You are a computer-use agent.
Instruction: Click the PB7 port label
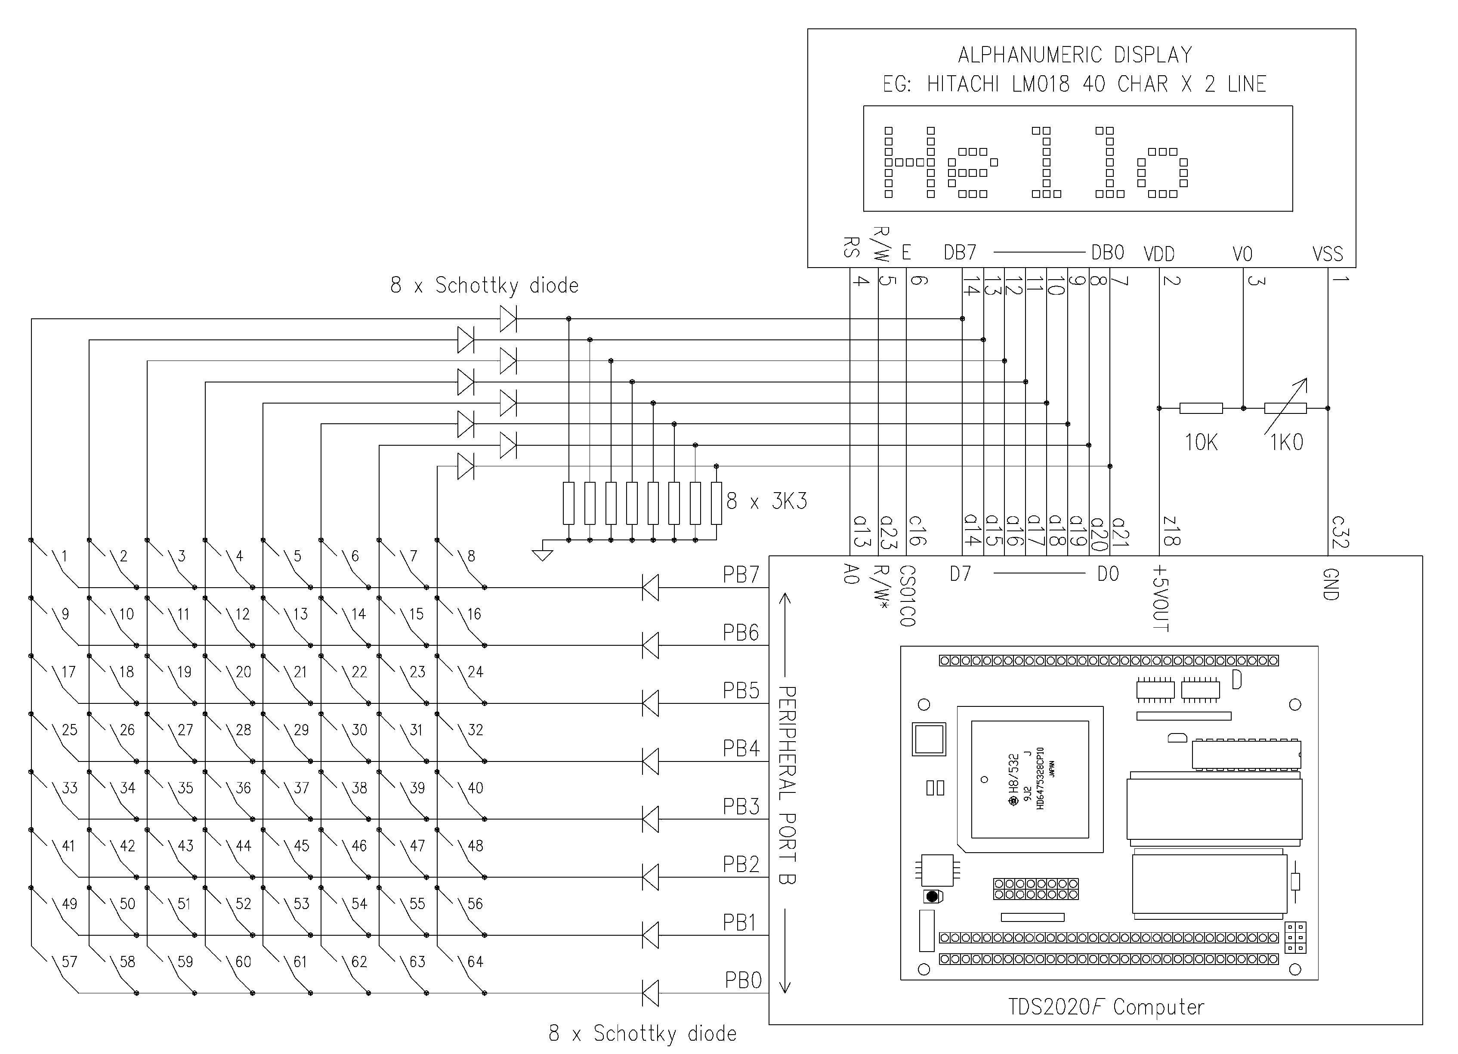(741, 575)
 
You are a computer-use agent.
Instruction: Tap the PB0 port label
(743, 980)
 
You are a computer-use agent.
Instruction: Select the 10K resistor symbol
(1201, 408)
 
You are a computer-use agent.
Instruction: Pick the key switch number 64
(475, 962)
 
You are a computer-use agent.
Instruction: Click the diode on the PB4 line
(651, 761)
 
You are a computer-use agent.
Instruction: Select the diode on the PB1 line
(651, 935)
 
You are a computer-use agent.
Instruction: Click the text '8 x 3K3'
(766, 501)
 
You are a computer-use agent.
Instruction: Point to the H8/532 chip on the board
(1030, 780)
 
